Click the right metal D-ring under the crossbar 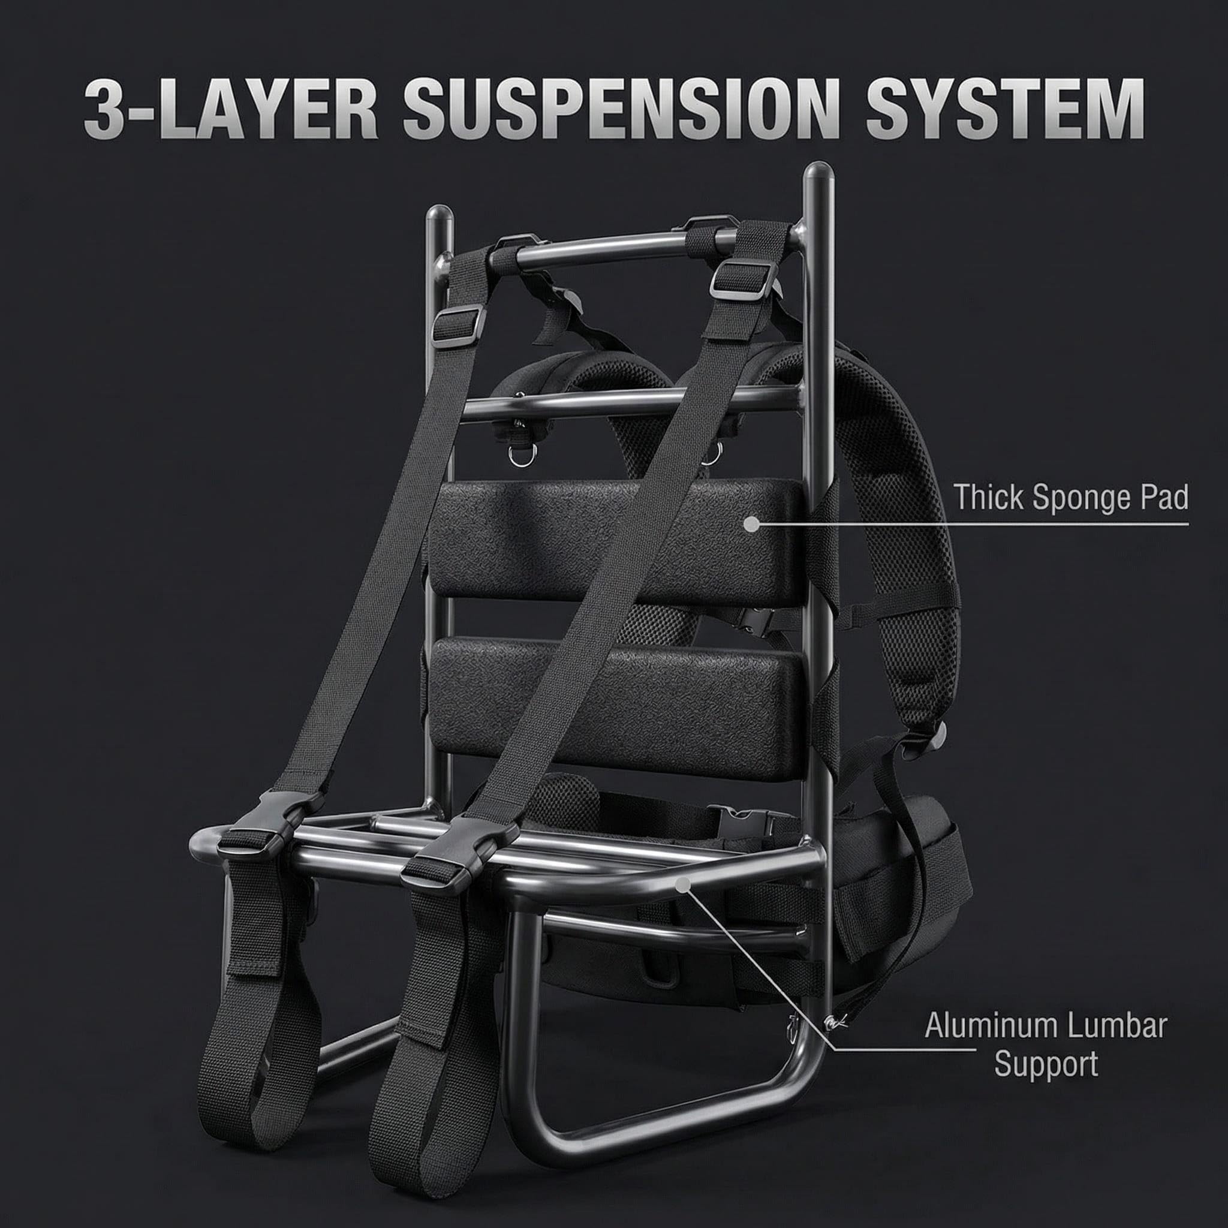tap(715, 453)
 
